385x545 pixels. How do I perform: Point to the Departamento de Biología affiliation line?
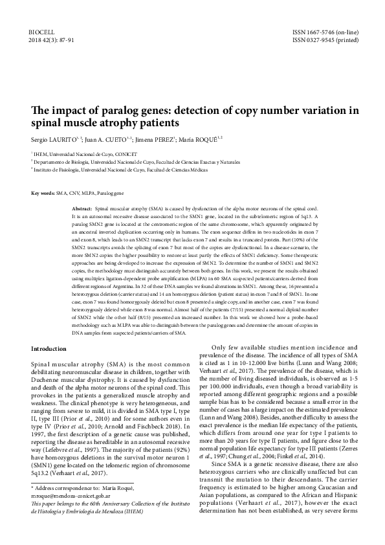pyautogui.click(x=129, y=161)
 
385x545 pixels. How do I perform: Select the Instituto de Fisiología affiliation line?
pyautogui.click(x=122, y=168)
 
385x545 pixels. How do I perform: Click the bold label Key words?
pyautogui.click(x=43, y=194)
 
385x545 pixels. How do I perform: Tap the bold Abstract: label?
pyautogui.click(x=82, y=210)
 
